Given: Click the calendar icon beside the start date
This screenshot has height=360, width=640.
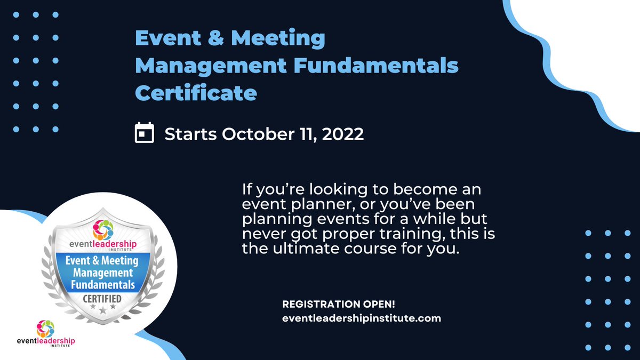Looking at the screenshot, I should tap(144, 133).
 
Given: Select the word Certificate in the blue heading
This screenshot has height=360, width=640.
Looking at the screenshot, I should tap(195, 93).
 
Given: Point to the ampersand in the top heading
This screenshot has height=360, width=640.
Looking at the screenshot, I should tap(203, 38).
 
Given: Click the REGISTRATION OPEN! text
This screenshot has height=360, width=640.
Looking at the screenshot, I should tap(338, 305).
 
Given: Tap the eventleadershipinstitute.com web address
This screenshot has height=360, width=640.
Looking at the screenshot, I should tap(361, 318).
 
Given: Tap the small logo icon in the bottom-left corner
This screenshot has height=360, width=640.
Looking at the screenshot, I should tap(45, 327).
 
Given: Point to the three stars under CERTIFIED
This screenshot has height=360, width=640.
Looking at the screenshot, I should tap(102, 308).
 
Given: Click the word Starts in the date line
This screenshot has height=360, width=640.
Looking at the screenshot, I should tap(190, 133).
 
